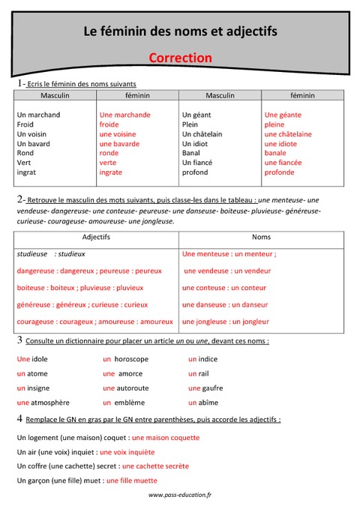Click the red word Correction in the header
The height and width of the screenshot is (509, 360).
click(x=180, y=58)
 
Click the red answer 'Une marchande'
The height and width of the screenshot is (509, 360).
click(x=124, y=115)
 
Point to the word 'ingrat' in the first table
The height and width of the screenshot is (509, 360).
click(x=26, y=172)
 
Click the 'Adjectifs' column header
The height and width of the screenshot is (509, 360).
click(x=95, y=238)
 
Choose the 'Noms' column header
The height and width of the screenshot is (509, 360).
click(x=261, y=238)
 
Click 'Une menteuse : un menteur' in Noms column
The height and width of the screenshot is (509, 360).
click(x=229, y=254)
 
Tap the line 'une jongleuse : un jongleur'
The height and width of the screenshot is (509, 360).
click(x=225, y=322)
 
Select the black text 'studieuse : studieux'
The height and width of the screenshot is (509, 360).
click(x=51, y=254)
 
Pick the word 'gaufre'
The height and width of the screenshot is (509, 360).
click(x=213, y=388)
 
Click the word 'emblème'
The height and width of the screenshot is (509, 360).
click(x=131, y=403)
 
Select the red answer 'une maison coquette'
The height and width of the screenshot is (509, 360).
click(x=165, y=437)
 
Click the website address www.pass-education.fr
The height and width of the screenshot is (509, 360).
click(x=180, y=495)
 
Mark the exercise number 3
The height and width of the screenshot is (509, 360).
click(x=19, y=340)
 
